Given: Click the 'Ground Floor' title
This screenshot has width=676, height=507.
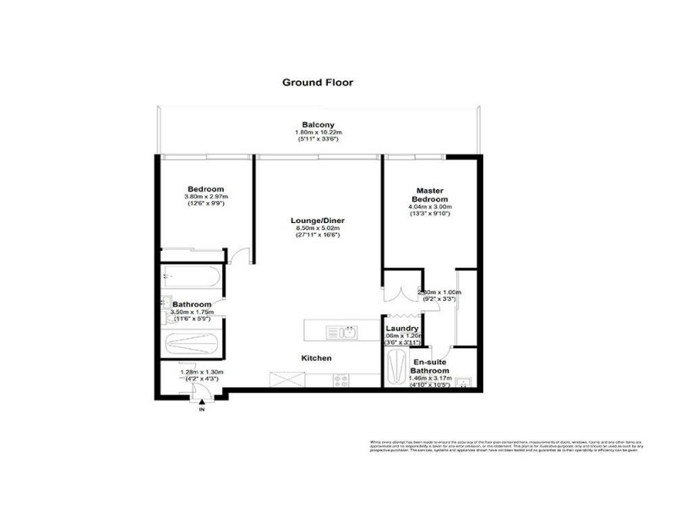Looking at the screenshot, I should click(317, 83).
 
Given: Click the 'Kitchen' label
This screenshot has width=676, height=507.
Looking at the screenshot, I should click(317, 358).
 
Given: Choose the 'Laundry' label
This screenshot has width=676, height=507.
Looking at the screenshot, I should click(402, 329).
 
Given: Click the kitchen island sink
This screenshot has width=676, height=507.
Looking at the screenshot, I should click(350, 330).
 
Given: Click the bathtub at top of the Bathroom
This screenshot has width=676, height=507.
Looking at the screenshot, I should click(192, 278).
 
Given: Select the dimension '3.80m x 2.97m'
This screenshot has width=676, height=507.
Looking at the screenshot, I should click(205, 197).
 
